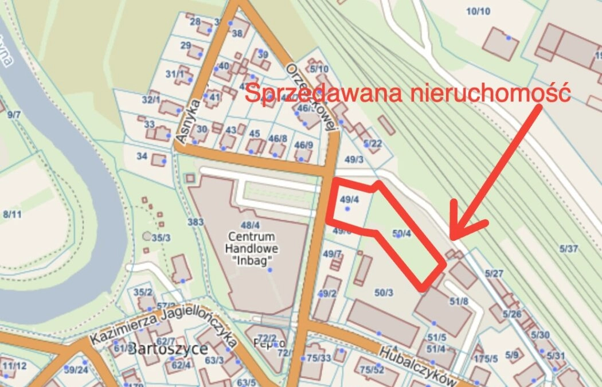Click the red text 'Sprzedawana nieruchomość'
point(408,93)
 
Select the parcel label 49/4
point(349,200)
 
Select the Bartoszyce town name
point(167,349)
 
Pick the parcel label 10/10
point(478,11)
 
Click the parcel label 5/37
point(569,248)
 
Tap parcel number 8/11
point(12,214)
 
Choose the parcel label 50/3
point(384,293)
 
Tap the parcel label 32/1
point(151,99)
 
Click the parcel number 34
point(142,155)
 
